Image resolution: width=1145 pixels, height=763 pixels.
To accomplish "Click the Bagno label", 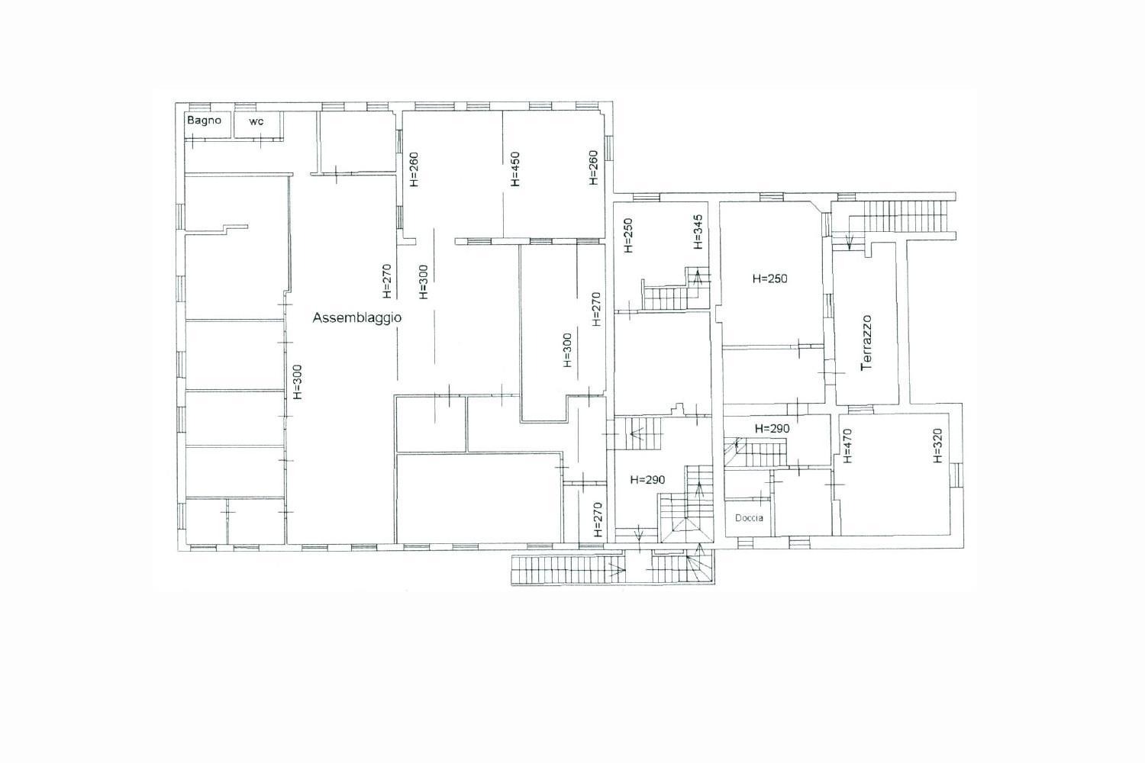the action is (204, 121).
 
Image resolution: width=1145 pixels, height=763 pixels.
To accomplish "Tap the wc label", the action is (256, 121).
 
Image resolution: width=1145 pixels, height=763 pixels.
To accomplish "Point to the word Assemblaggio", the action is (356, 318).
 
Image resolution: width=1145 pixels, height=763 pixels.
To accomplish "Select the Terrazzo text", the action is (866, 343).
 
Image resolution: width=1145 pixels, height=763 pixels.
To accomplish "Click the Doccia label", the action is (749, 517).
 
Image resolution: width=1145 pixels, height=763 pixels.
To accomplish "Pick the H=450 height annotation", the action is (514, 169).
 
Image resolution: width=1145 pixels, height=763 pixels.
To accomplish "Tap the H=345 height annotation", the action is (698, 231).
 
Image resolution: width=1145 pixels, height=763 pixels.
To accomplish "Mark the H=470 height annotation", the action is (847, 446).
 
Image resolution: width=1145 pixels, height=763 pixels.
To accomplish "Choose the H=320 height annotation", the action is (937, 446).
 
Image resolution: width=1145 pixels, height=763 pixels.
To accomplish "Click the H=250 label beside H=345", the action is (628, 236).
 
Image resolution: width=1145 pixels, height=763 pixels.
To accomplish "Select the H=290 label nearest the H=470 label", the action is (772, 429).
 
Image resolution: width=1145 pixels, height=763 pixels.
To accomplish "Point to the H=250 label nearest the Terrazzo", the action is (769, 278).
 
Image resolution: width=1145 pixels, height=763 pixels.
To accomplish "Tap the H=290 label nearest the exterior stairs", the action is (647, 480).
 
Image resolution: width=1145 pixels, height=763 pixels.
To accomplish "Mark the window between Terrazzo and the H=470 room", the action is (861, 409).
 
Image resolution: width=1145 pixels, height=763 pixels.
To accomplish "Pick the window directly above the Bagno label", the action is (200, 107).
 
